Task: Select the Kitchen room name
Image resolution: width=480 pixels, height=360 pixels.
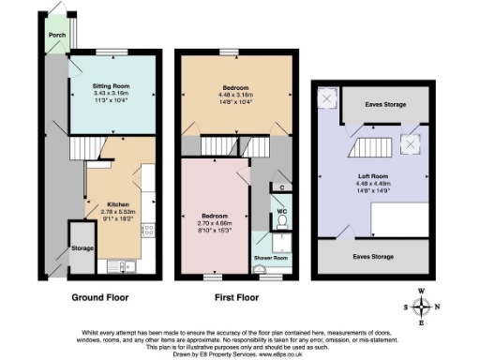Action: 117,204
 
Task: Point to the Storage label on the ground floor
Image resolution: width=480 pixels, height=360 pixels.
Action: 82,249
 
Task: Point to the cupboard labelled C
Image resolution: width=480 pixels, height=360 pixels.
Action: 283,187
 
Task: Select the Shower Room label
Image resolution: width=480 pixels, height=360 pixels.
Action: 270,257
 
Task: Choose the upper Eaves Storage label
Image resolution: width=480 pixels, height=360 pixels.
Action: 385,104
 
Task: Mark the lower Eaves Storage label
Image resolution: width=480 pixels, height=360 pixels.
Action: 372,255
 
